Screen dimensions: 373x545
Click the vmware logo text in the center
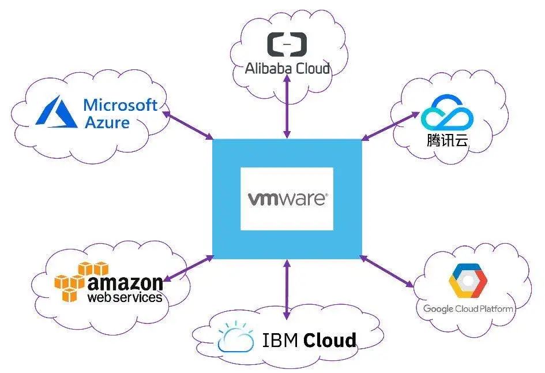tap(287, 199)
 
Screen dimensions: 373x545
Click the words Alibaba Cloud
tap(287, 69)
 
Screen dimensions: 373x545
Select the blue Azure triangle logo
tap(56, 112)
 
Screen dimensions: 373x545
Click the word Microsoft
tap(121, 105)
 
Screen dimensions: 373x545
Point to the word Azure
tap(107, 122)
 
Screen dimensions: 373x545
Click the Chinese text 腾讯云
tap(446, 140)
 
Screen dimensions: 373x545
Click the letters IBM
tap(280, 340)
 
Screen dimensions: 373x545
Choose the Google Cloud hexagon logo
tap(468, 281)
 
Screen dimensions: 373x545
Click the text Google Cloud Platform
tap(468, 309)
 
